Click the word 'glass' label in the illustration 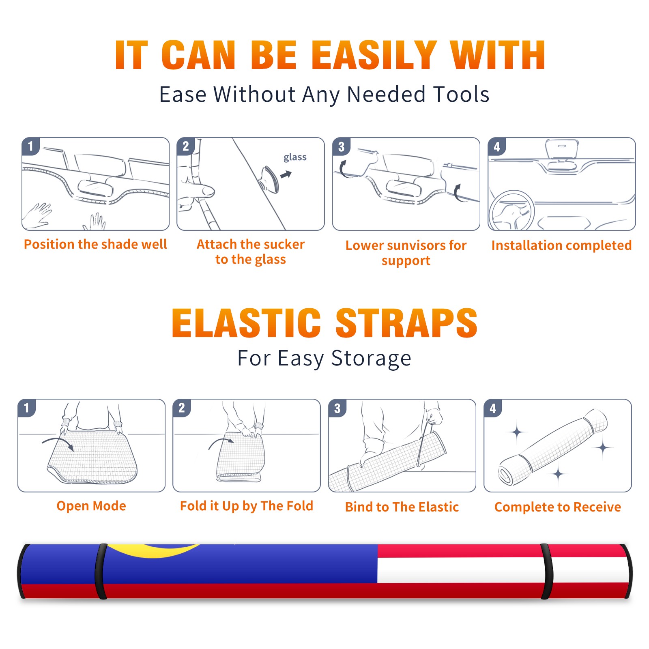(x=295, y=157)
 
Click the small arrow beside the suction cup (x=286, y=174)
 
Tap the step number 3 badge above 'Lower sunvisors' (x=341, y=146)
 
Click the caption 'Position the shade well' (x=95, y=244)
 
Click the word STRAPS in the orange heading (x=406, y=323)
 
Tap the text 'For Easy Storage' (x=324, y=359)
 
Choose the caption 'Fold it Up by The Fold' (x=247, y=506)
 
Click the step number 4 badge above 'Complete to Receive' (x=493, y=408)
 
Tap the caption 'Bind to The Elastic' (x=402, y=507)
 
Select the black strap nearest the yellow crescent (x=101, y=572)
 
